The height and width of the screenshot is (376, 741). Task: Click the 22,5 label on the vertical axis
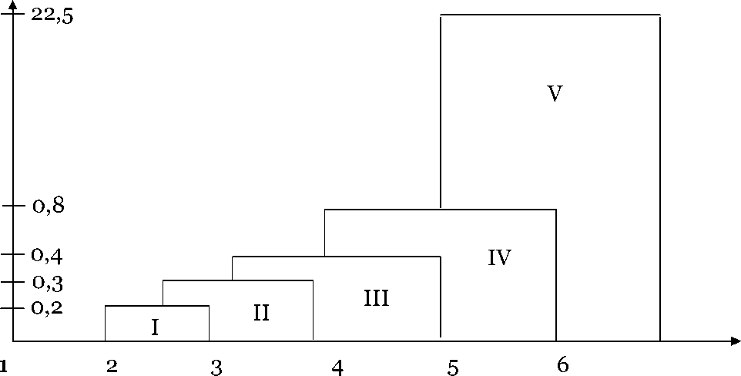point(53,16)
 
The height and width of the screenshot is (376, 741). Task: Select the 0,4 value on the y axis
point(48,254)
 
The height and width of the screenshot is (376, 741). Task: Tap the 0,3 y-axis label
point(48,284)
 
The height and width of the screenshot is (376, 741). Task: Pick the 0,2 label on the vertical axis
point(48,309)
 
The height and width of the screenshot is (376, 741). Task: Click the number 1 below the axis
point(4,365)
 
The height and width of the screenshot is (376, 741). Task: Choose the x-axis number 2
point(112,366)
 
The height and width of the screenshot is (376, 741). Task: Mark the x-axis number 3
point(216,368)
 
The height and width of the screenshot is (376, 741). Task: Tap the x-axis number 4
point(337,368)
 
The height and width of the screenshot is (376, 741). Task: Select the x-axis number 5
point(453,368)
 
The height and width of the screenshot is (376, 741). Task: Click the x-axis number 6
point(562,365)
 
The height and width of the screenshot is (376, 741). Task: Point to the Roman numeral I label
point(155,327)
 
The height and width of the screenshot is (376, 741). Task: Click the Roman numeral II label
point(261,313)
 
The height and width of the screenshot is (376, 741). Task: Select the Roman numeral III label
point(376,298)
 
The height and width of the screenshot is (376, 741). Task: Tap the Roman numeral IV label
point(500,257)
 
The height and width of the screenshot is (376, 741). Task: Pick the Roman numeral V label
point(555,94)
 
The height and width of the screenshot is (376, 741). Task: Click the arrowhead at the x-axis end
point(735,341)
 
